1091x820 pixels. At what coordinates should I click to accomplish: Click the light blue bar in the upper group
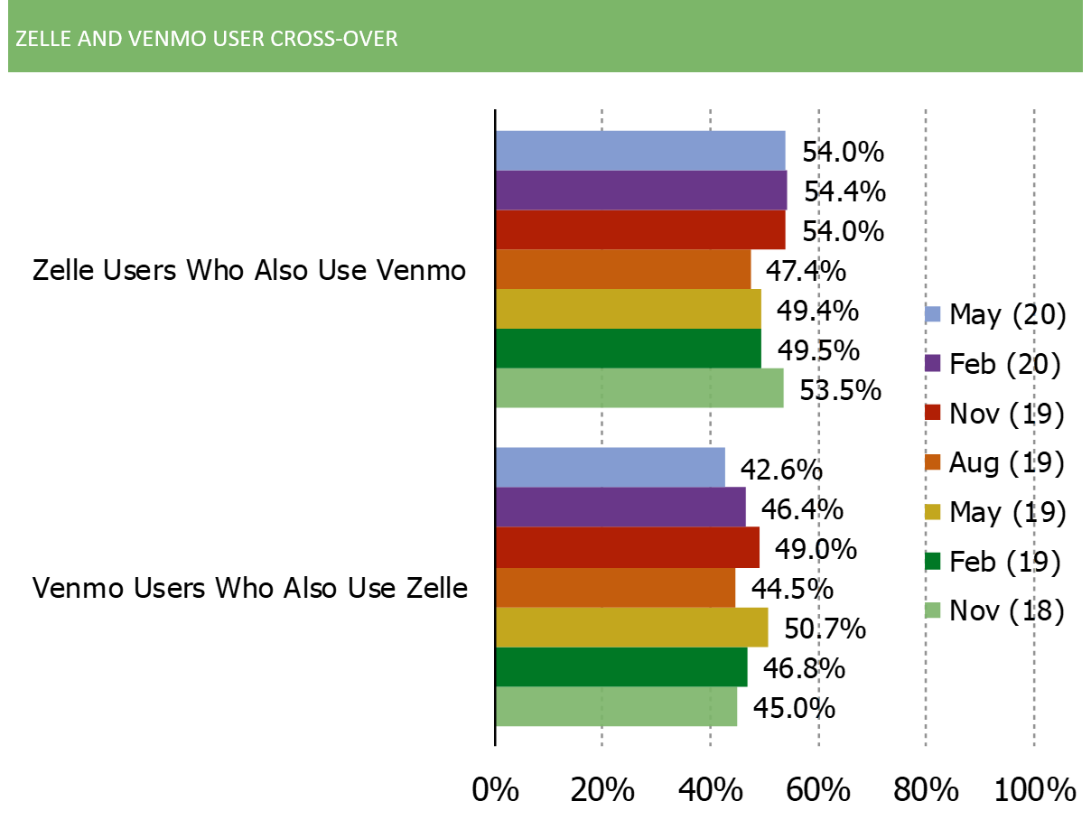641,150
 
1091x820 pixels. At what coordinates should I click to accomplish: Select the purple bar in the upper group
642,190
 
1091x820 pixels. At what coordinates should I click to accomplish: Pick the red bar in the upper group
641,229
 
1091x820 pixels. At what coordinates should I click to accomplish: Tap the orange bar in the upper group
624,269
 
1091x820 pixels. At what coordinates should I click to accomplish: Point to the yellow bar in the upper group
629,309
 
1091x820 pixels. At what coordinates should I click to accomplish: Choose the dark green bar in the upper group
629,349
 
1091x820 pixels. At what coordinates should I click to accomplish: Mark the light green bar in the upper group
640,388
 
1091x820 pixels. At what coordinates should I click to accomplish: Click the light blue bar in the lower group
611,467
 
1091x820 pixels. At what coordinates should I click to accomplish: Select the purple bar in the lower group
621,507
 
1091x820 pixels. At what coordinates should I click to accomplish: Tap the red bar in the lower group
628,547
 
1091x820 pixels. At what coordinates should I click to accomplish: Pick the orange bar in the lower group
616,587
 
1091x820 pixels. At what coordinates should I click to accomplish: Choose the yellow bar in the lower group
632,627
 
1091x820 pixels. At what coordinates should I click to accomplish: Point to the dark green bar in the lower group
622,666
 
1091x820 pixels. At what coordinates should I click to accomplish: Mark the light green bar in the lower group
617,706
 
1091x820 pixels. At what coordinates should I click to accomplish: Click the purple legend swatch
933,363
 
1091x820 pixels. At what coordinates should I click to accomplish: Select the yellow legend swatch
933,512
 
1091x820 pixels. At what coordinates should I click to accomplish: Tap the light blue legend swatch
933,314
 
